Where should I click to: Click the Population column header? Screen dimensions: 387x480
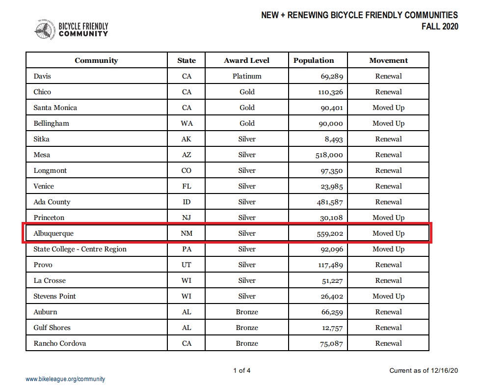point(314,60)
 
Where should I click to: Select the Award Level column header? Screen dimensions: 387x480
point(247,60)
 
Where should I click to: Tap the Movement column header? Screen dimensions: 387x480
point(388,60)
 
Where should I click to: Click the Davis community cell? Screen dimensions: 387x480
point(42,76)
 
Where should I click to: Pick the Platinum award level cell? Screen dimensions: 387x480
point(247,76)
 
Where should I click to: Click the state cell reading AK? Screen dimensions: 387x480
point(187,139)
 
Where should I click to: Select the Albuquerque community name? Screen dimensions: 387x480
point(53,233)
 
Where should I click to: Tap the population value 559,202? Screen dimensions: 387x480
point(329,234)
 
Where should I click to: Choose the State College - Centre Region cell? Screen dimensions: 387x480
point(80,249)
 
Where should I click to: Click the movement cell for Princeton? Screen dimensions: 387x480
point(388,218)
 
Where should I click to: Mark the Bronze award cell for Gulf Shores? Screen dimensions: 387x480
point(247,328)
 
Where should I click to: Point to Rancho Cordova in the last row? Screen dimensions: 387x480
point(59,343)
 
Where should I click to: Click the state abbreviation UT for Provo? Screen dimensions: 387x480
point(187,265)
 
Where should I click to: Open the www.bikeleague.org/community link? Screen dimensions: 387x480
point(65,379)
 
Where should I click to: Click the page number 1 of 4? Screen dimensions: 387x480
point(241,370)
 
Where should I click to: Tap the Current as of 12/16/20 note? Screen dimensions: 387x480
point(424,370)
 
